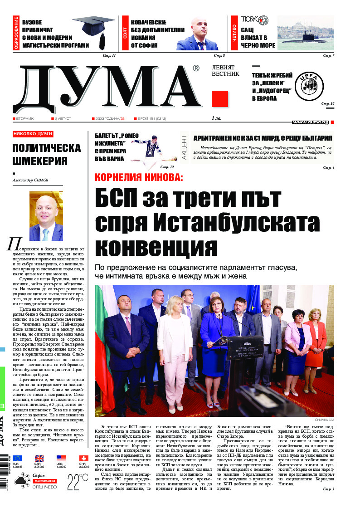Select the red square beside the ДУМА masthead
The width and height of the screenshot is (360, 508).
(x=219, y=99)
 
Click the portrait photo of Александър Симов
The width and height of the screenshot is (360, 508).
(x=46, y=216)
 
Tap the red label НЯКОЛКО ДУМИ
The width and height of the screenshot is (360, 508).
(x=33, y=134)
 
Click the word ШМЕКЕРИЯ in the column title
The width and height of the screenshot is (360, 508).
(x=40, y=161)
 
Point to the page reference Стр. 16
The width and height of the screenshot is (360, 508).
(x=328, y=104)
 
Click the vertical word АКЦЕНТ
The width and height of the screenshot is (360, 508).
(x=185, y=151)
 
